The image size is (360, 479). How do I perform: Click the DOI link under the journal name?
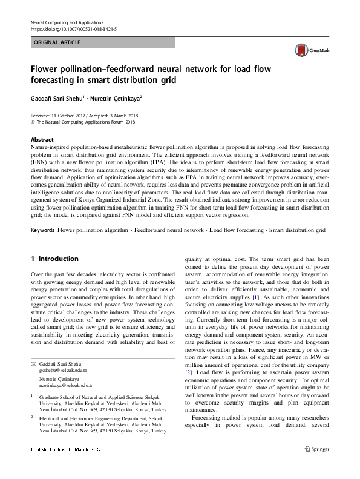(x=65, y=28)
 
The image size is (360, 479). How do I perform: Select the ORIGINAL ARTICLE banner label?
(x=57, y=42)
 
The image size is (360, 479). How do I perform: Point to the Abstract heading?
(x=42, y=139)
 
